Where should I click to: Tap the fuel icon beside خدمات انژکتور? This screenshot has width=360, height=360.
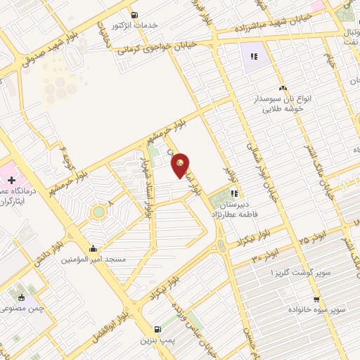click(x=134, y=14)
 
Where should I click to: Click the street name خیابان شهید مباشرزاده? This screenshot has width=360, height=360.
click(x=251, y=27)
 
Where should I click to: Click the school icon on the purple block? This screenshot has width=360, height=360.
click(x=254, y=56)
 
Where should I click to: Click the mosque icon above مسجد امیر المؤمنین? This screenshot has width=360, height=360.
click(x=94, y=248)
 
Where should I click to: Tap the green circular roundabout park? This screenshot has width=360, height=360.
click(x=99, y=211)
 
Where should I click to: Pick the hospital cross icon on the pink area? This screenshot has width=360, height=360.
click(x=11, y=181)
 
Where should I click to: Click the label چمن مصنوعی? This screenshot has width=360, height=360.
click(x=24, y=308)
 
